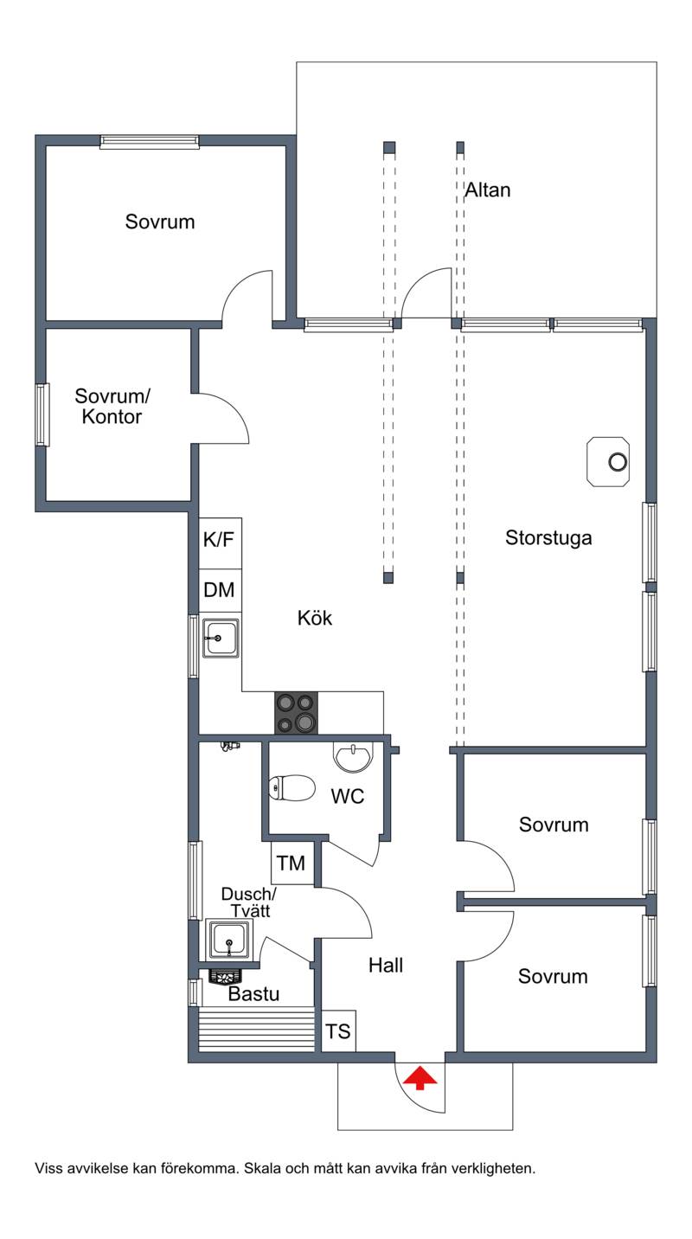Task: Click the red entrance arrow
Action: [420, 1078]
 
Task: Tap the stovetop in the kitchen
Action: [296, 713]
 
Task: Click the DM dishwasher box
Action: [221, 590]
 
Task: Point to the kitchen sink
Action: [221, 639]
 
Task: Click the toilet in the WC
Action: [291, 787]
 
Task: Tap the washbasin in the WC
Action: [353, 756]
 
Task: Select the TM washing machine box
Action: [292, 863]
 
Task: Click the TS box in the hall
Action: [338, 1031]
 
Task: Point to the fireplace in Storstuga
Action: [608, 462]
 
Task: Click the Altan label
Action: [487, 190]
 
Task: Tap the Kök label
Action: [315, 618]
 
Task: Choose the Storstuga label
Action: [548, 537]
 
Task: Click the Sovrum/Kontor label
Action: [112, 406]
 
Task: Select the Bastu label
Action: [253, 994]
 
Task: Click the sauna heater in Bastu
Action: [225, 975]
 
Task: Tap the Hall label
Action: [386, 966]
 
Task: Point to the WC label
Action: [348, 797]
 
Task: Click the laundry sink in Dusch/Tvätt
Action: [228, 940]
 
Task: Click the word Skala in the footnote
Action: [261, 1169]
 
